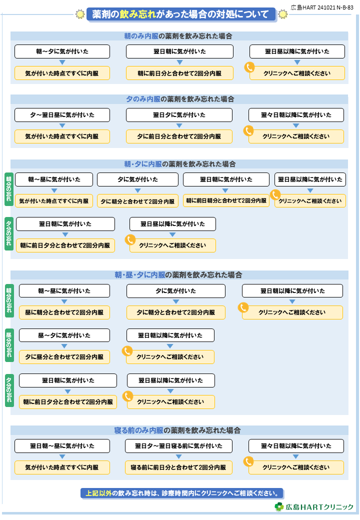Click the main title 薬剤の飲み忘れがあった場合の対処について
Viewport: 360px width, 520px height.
point(181,14)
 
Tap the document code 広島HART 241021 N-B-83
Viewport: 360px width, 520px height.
point(322,7)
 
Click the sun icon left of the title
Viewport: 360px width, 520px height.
point(80,14)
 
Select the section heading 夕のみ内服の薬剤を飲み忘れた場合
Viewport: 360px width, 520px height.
point(180,99)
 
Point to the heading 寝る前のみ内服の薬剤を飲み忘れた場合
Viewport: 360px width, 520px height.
point(177,430)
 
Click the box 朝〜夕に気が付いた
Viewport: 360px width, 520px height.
point(62,51)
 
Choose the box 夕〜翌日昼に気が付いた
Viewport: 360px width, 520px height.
point(62,114)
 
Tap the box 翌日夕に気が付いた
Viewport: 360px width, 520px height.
point(179,114)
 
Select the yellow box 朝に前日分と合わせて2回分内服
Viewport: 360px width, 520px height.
point(179,73)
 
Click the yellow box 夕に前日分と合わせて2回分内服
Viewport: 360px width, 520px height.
point(179,136)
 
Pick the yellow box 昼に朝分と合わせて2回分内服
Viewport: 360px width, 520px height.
point(64,312)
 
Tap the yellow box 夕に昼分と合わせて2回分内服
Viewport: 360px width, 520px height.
point(64,357)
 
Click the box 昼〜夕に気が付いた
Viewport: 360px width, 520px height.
point(64,335)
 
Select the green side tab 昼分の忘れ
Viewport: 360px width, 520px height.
point(9,345)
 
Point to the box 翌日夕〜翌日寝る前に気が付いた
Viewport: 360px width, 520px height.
point(178,446)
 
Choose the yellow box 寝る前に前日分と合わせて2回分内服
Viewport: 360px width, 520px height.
point(178,467)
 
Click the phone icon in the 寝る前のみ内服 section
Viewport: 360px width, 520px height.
point(248,461)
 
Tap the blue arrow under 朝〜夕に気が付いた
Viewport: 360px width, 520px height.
point(62,62)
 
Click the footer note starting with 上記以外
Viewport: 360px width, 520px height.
point(182,493)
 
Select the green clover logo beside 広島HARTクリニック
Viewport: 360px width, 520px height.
point(279,506)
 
